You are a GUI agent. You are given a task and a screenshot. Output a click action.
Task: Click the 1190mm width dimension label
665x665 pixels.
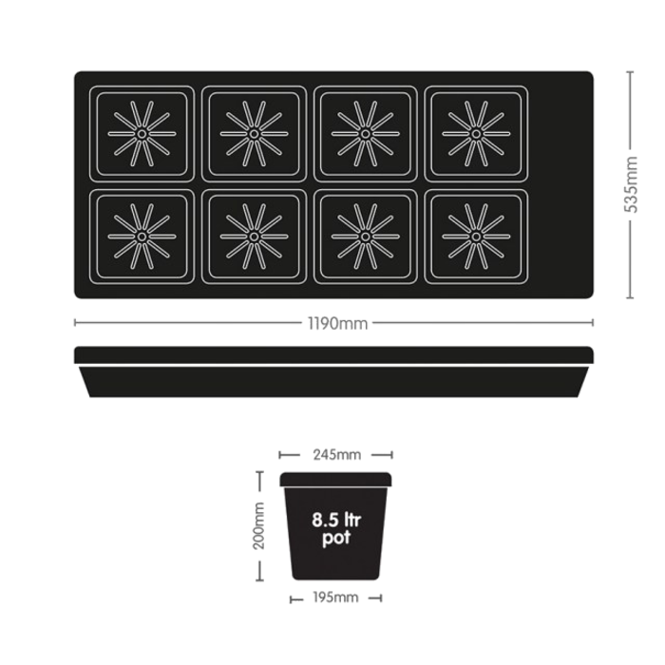[x=335, y=325]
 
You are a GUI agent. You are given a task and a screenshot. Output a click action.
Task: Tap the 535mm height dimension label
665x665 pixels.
[x=630, y=185]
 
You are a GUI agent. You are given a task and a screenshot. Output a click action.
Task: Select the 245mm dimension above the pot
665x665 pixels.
[x=335, y=455]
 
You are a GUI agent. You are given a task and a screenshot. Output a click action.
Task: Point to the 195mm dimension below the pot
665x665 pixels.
[x=335, y=598]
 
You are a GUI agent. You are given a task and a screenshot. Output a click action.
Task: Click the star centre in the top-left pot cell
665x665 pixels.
[x=141, y=134]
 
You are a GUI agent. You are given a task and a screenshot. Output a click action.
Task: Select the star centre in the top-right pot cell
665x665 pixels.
[x=474, y=134]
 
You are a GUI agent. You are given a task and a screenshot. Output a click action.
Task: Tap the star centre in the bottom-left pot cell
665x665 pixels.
[x=141, y=236]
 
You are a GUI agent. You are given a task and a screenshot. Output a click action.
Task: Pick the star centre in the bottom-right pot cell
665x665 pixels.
[x=474, y=236]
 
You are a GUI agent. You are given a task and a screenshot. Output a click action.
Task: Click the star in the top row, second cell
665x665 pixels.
[x=253, y=134]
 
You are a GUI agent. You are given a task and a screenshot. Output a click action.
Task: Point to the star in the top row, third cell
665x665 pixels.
[x=363, y=134]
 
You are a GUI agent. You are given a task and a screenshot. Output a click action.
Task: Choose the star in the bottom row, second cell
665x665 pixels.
[x=253, y=236]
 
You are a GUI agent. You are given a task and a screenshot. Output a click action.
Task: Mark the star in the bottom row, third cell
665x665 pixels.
[x=363, y=236]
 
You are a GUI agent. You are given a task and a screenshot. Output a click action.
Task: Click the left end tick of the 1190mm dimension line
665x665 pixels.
[x=75, y=324]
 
